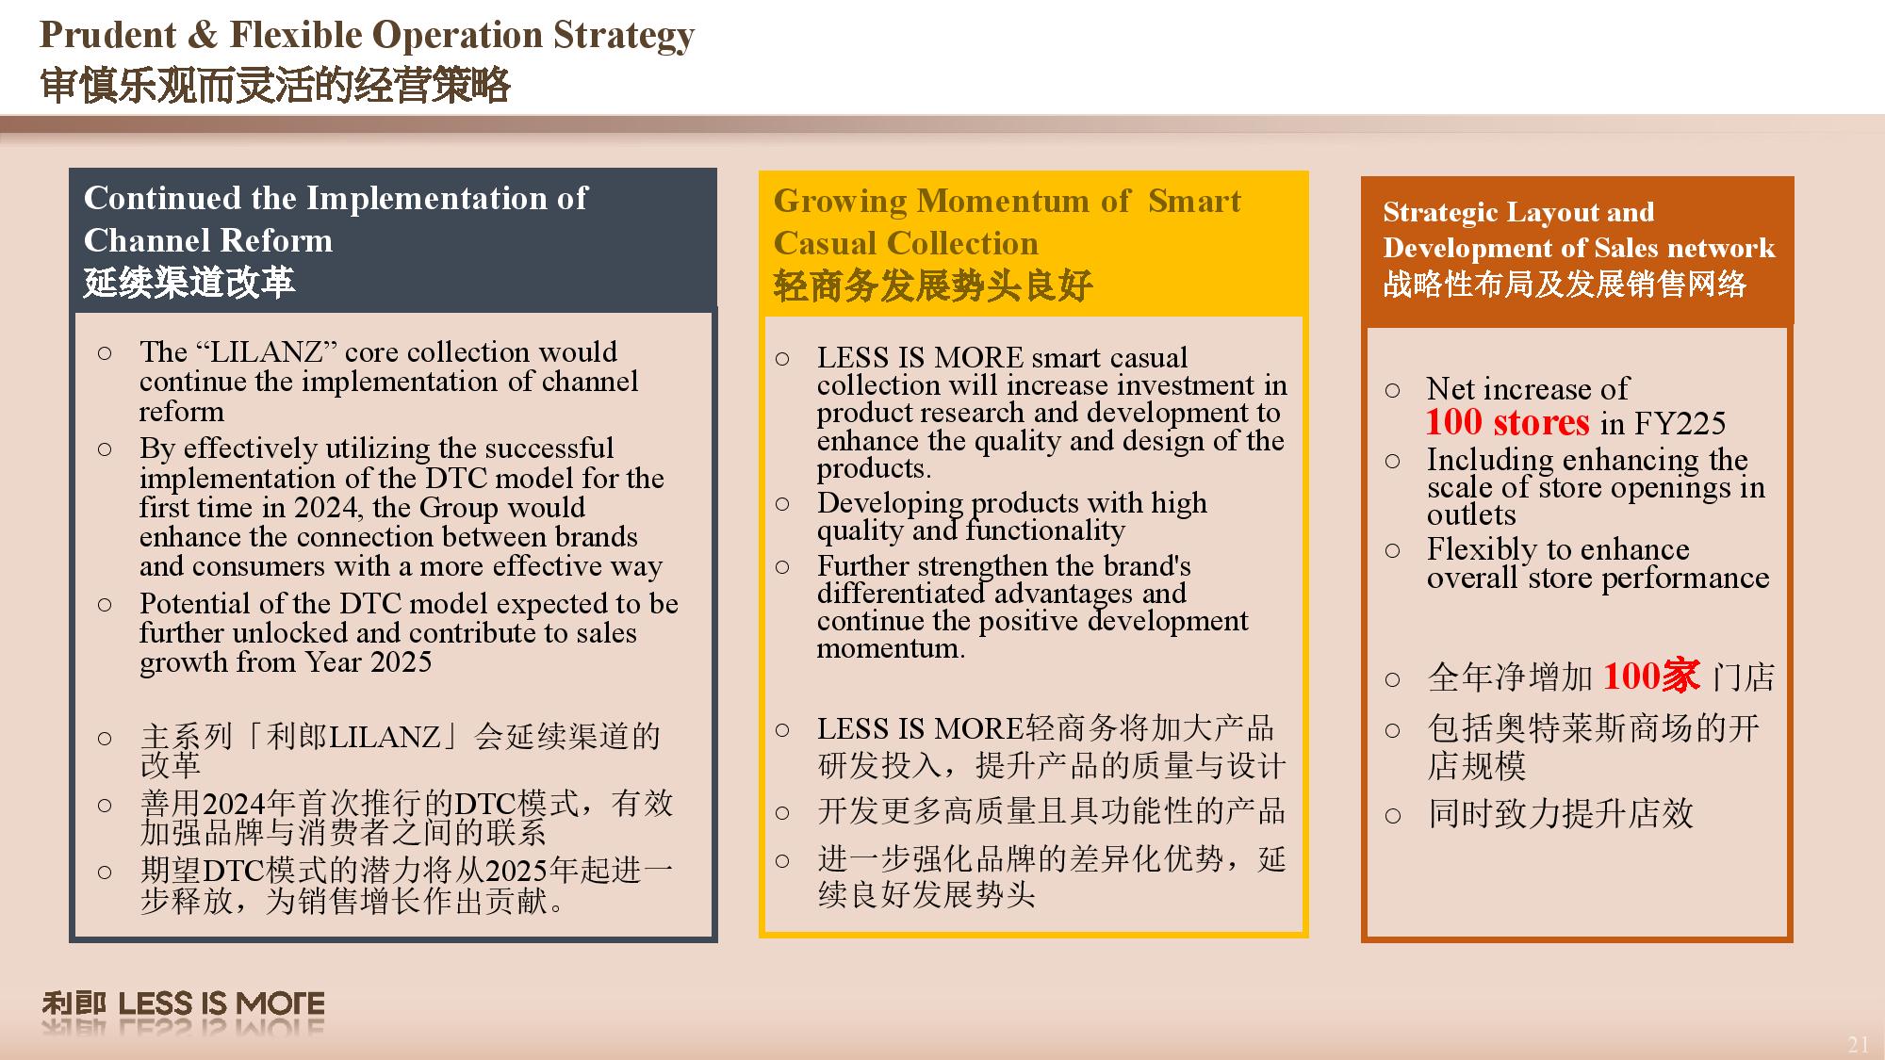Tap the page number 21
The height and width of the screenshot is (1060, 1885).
(x=1858, y=1044)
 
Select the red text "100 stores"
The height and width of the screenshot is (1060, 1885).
(x=1507, y=422)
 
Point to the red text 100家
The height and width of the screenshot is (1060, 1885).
(x=1651, y=676)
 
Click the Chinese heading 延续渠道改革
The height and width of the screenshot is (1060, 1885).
(x=189, y=282)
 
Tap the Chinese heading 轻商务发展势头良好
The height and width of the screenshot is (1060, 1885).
(x=933, y=285)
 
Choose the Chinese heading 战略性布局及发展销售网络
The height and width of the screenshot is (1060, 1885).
(x=1565, y=284)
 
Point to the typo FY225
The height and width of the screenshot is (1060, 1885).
(x=1680, y=423)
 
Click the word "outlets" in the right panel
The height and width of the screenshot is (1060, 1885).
(x=1471, y=514)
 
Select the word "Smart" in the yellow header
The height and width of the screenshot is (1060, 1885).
(x=1194, y=201)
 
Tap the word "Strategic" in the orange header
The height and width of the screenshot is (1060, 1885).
(x=1443, y=213)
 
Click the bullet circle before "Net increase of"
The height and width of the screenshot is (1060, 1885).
(x=1393, y=390)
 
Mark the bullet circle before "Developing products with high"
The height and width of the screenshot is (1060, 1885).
(x=782, y=504)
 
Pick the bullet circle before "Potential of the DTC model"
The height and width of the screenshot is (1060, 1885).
(x=105, y=604)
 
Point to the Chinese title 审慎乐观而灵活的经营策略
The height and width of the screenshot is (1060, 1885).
(x=275, y=85)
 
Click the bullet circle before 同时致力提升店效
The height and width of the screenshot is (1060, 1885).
(x=1393, y=816)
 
